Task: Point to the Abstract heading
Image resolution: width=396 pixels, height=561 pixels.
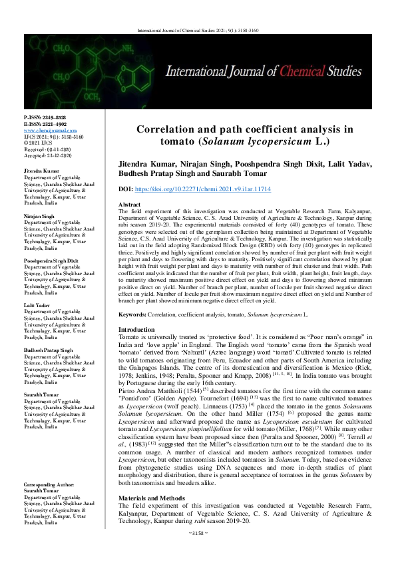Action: click(x=129, y=204)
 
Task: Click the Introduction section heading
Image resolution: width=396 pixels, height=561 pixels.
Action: click(x=137, y=330)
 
